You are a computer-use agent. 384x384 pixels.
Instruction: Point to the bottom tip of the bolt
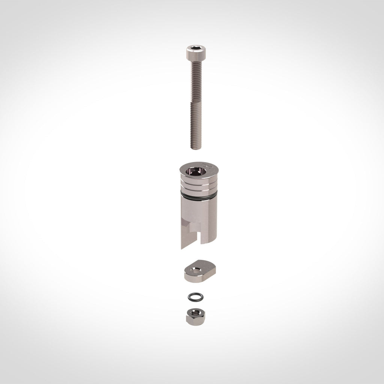coord(196,148)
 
